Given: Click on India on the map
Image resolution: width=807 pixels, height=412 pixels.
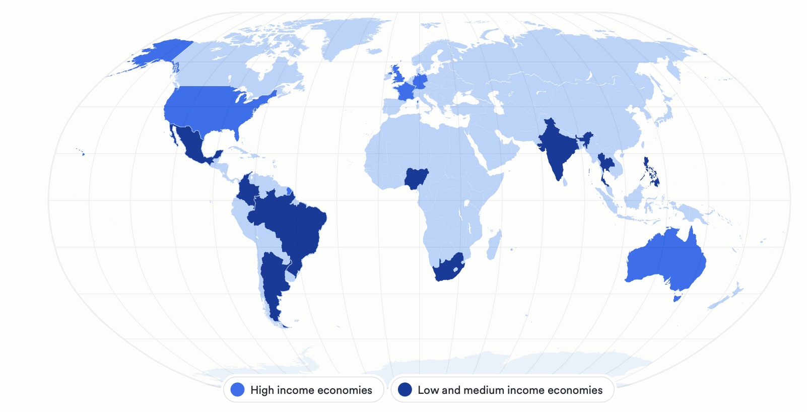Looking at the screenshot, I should tap(557, 151).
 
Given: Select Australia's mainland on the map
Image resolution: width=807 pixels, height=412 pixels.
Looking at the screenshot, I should tap(665, 262).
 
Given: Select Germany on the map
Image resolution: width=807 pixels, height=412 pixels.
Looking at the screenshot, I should tap(420, 81).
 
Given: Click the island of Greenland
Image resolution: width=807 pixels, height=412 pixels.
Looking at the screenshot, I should tap(348, 35).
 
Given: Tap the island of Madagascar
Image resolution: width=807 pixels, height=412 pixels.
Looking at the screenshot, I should tap(494, 245).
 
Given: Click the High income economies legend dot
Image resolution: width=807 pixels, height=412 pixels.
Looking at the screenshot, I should tap(237, 390).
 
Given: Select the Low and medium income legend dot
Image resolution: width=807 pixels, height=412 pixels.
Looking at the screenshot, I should tap(405, 390).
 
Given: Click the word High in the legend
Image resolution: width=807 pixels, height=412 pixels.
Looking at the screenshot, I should tap(261, 390).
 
